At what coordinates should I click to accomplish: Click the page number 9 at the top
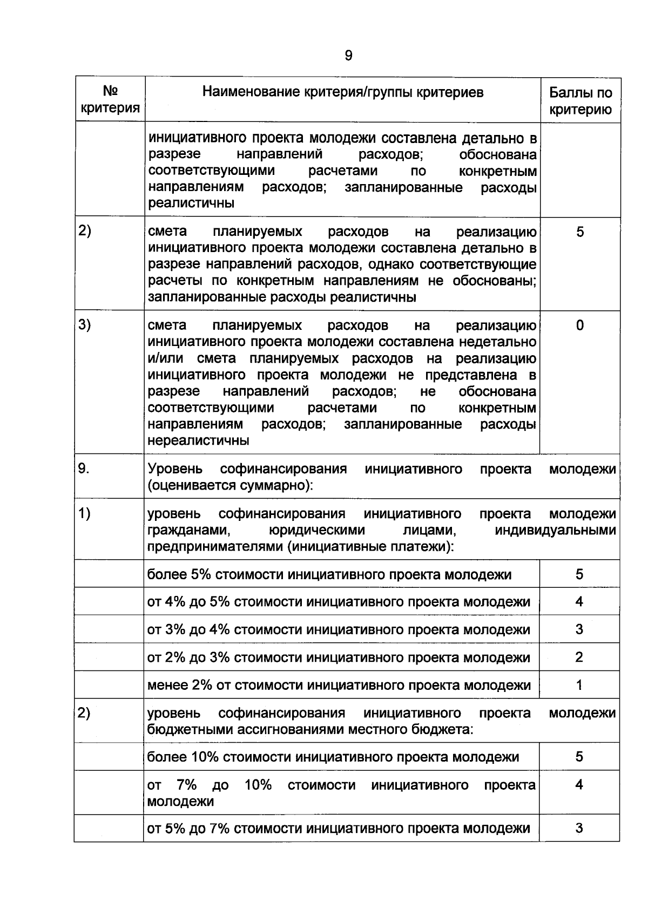348,56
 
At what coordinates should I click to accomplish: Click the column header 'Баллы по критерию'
580,101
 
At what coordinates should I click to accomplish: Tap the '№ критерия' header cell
110,99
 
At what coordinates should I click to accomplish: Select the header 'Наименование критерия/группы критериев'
343,92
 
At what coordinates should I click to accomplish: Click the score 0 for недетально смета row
579,325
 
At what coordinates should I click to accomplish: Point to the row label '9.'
84,469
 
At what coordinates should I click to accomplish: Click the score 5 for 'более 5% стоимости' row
579,574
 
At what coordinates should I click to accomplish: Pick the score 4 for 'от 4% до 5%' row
579,601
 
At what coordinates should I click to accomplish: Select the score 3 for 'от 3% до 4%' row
579,629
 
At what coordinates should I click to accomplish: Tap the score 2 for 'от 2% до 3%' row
579,657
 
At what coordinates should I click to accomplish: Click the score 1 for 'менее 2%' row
579,685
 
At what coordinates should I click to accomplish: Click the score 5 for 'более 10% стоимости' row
579,757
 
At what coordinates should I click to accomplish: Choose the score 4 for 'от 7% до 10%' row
579,784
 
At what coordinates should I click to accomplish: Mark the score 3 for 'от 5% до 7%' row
579,828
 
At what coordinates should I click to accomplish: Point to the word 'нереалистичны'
198,440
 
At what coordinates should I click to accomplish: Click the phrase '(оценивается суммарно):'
231,485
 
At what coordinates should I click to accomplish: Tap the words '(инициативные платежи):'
370,546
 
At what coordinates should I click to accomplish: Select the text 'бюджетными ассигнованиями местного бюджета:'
310,730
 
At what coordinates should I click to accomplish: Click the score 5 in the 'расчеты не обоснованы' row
579,232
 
